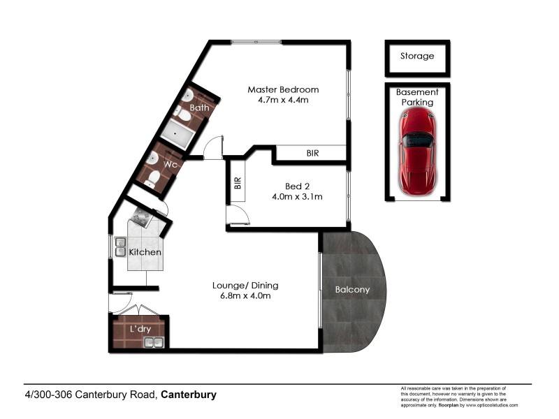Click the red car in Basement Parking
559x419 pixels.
pos(417,151)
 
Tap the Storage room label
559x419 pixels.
pos(417,56)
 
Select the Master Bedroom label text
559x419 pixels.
pos(283,89)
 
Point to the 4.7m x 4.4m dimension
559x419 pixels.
pos(283,100)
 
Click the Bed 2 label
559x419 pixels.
pos(298,186)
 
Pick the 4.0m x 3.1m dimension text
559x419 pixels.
pos(298,196)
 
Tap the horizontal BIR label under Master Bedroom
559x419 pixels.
pos(313,153)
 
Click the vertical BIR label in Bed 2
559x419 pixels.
pos(238,183)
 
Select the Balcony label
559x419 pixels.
pos(352,289)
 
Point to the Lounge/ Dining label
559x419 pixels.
pos(245,285)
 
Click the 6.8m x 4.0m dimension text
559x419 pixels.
pos(245,295)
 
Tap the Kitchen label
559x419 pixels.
pos(145,251)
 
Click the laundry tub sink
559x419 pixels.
pos(153,341)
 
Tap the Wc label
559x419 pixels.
pos(170,164)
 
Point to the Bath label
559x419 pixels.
pos(199,108)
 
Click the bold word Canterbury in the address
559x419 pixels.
pos(189,395)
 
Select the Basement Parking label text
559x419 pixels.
pos(417,97)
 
